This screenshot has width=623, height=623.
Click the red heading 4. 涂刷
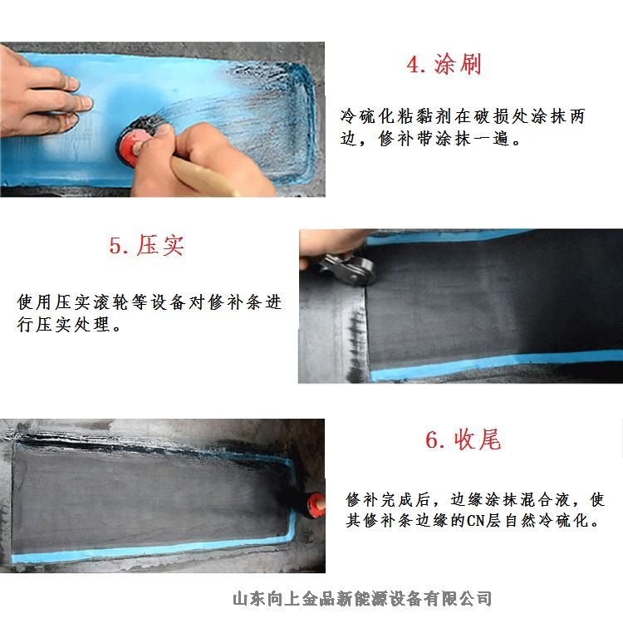pyautogui.click(x=444, y=64)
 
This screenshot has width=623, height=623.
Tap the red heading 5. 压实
pyautogui.click(x=146, y=245)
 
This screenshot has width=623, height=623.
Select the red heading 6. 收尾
pyautogui.click(x=463, y=439)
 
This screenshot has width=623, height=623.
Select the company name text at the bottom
pyautogui.click(x=362, y=599)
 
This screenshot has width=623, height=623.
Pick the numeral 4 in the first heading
pyautogui.click(x=413, y=65)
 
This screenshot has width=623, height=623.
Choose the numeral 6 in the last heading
pyautogui.click(x=432, y=440)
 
